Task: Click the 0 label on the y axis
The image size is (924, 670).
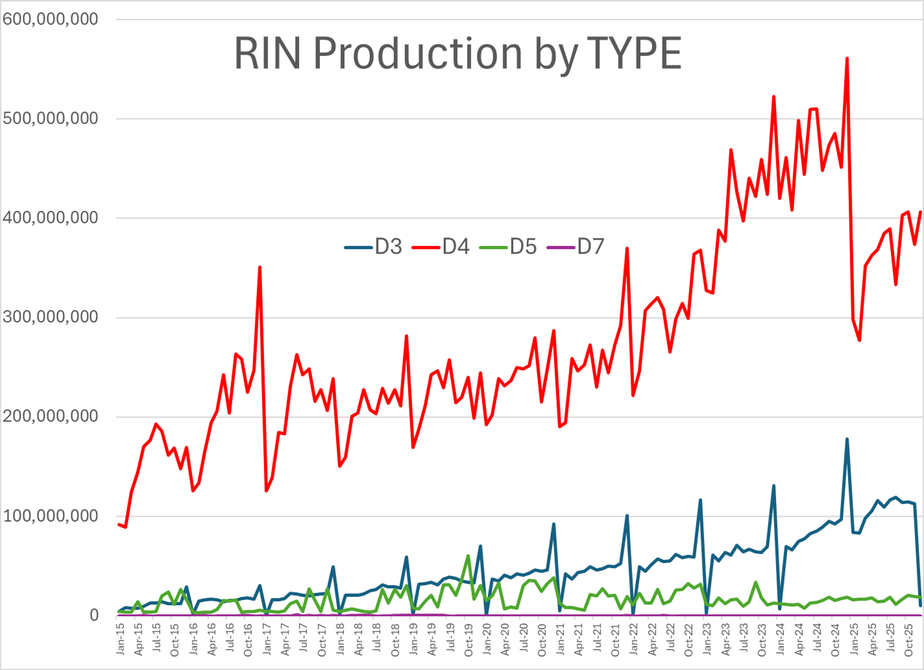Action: [x=94, y=615]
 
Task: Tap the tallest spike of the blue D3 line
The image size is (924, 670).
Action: [x=847, y=439]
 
